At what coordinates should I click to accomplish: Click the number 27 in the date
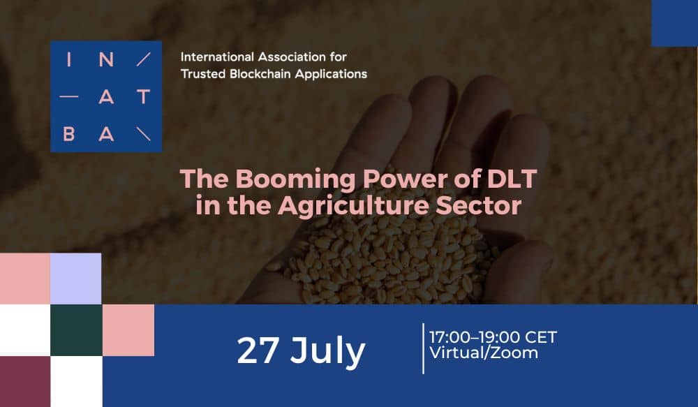pyautogui.click(x=258, y=351)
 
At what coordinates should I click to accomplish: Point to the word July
pyautogui.click(x=327, y=353)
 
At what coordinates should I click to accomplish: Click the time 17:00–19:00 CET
pyautogui.click(x=493, y=337)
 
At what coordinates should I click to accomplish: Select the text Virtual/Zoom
pyautogui.click(x=484, y=353)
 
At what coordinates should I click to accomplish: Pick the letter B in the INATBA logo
pyautogui.click(x=68, y=134)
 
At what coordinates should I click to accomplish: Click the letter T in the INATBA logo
pyautogui.click(x=143, y=96)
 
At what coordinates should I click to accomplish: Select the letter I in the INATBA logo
pyautogui.click(x=68, y=59)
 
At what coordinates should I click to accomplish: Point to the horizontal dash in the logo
pyautogui.click(x=68, y=96)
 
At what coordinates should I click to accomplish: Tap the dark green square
pyautogui.click(x=76, y=330)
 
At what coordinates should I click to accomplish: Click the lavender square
pyautogui.click(x=75, y=279)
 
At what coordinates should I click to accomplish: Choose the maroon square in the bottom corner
pyautogui.click(x=25, y=382)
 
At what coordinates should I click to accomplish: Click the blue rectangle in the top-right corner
pyautogui.click(x=674, y=23)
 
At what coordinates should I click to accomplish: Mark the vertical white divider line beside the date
pyautogui.click(x=423, y=348)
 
